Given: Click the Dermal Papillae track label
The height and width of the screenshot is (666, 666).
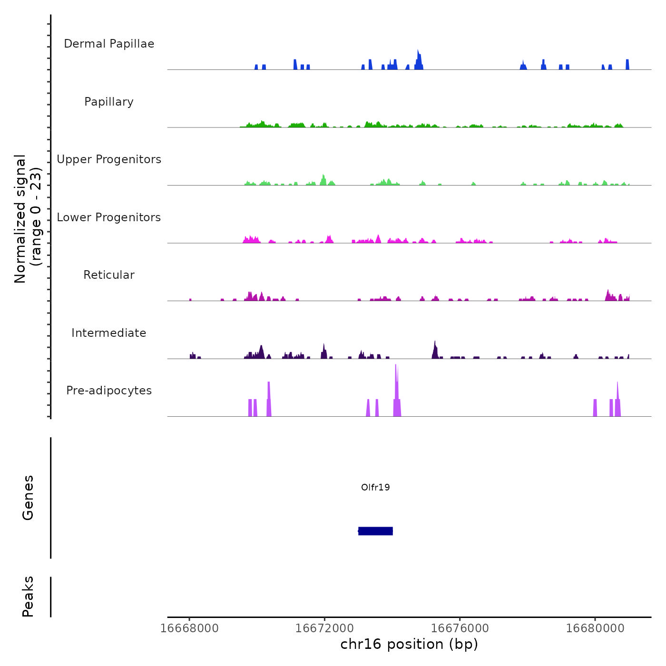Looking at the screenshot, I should [x=109, y=44].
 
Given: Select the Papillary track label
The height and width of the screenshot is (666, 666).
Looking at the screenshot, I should [x=109, y=102].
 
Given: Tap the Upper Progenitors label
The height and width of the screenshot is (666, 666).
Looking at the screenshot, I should [x=109, y=159].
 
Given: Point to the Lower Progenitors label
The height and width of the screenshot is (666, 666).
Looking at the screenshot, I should [x=109, y=217].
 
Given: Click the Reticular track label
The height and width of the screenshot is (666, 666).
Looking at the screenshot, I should [x=109, y=275].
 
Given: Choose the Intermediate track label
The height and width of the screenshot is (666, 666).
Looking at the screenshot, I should [x=109, y=333].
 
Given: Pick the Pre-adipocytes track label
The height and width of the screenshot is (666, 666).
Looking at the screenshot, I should [x=109, y=391].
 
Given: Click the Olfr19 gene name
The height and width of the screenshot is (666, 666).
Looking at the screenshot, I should [x=375, y=487].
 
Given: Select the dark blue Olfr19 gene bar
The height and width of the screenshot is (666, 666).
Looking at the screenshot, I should [x=375, y=531].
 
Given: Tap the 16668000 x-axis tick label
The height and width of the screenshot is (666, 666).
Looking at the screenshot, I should [x=189, y=628].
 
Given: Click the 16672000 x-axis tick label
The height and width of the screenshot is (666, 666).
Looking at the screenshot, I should [x=324, y=628].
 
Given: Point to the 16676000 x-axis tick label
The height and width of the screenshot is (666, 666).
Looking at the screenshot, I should [x=460, y=628].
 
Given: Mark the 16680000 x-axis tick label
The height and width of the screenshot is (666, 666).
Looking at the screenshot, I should [x=595, y=628].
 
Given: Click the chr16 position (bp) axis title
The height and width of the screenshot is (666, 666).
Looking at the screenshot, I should [x=409, y=644].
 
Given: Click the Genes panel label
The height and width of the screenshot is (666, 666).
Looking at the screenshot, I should [x=28, y=498].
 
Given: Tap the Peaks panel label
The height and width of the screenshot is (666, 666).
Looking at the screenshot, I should [x=28, y=597].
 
